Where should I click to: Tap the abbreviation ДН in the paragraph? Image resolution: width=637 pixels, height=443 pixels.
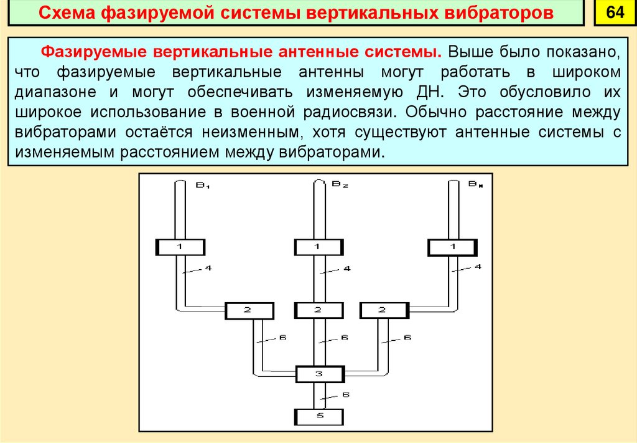[433, 91]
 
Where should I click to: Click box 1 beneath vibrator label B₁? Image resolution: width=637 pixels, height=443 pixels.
[180, 247]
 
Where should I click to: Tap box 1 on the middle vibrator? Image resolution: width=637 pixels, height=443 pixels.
[318, 247]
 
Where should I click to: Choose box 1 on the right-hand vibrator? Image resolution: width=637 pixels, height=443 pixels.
[453, 247]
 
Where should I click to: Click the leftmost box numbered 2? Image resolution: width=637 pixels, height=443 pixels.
[249, 310]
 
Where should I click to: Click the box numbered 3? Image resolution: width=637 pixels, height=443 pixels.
[319, 374]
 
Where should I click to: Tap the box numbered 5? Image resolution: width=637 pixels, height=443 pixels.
[318, 416]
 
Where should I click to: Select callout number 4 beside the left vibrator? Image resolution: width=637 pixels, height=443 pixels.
[208, 269]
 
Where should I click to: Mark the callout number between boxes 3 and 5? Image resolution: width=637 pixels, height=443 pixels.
[346, 395]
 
